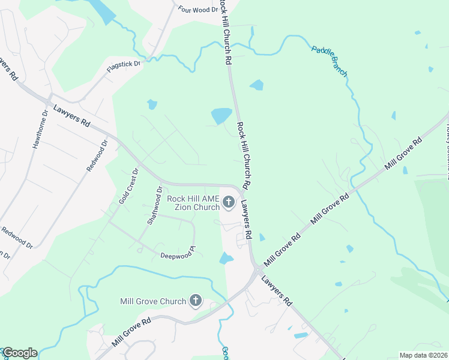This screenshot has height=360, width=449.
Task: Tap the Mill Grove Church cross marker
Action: pyautogui.click(x=195, y=301)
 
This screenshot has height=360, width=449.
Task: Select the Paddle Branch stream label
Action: pyautogui.click(x=330, y=61)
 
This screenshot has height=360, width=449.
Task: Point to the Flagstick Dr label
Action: pyautogui.click(x=123, y=67)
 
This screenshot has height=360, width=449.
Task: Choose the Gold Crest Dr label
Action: pyautogui.click(x=128, y=186)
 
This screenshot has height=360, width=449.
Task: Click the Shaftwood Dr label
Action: pyautogui.click(x=155, y=206)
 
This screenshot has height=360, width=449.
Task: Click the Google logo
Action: pyautogui.click(x=20, y=353)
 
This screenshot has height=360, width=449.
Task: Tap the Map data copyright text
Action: pyautogui.click(x=423, y=355)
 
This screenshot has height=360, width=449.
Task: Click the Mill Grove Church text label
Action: pyautogui.click(x=153, y=301)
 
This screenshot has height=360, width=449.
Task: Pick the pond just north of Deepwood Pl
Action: pyautogui.click(x=226, y=259)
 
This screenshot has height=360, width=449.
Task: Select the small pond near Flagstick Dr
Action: pyautogui.click(x=152, y=105)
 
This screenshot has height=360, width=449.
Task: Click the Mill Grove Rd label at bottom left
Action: pyautogui.click(x=130, y=333)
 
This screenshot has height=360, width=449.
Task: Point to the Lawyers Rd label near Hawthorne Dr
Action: pyautogui.click(x=71, y=116)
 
